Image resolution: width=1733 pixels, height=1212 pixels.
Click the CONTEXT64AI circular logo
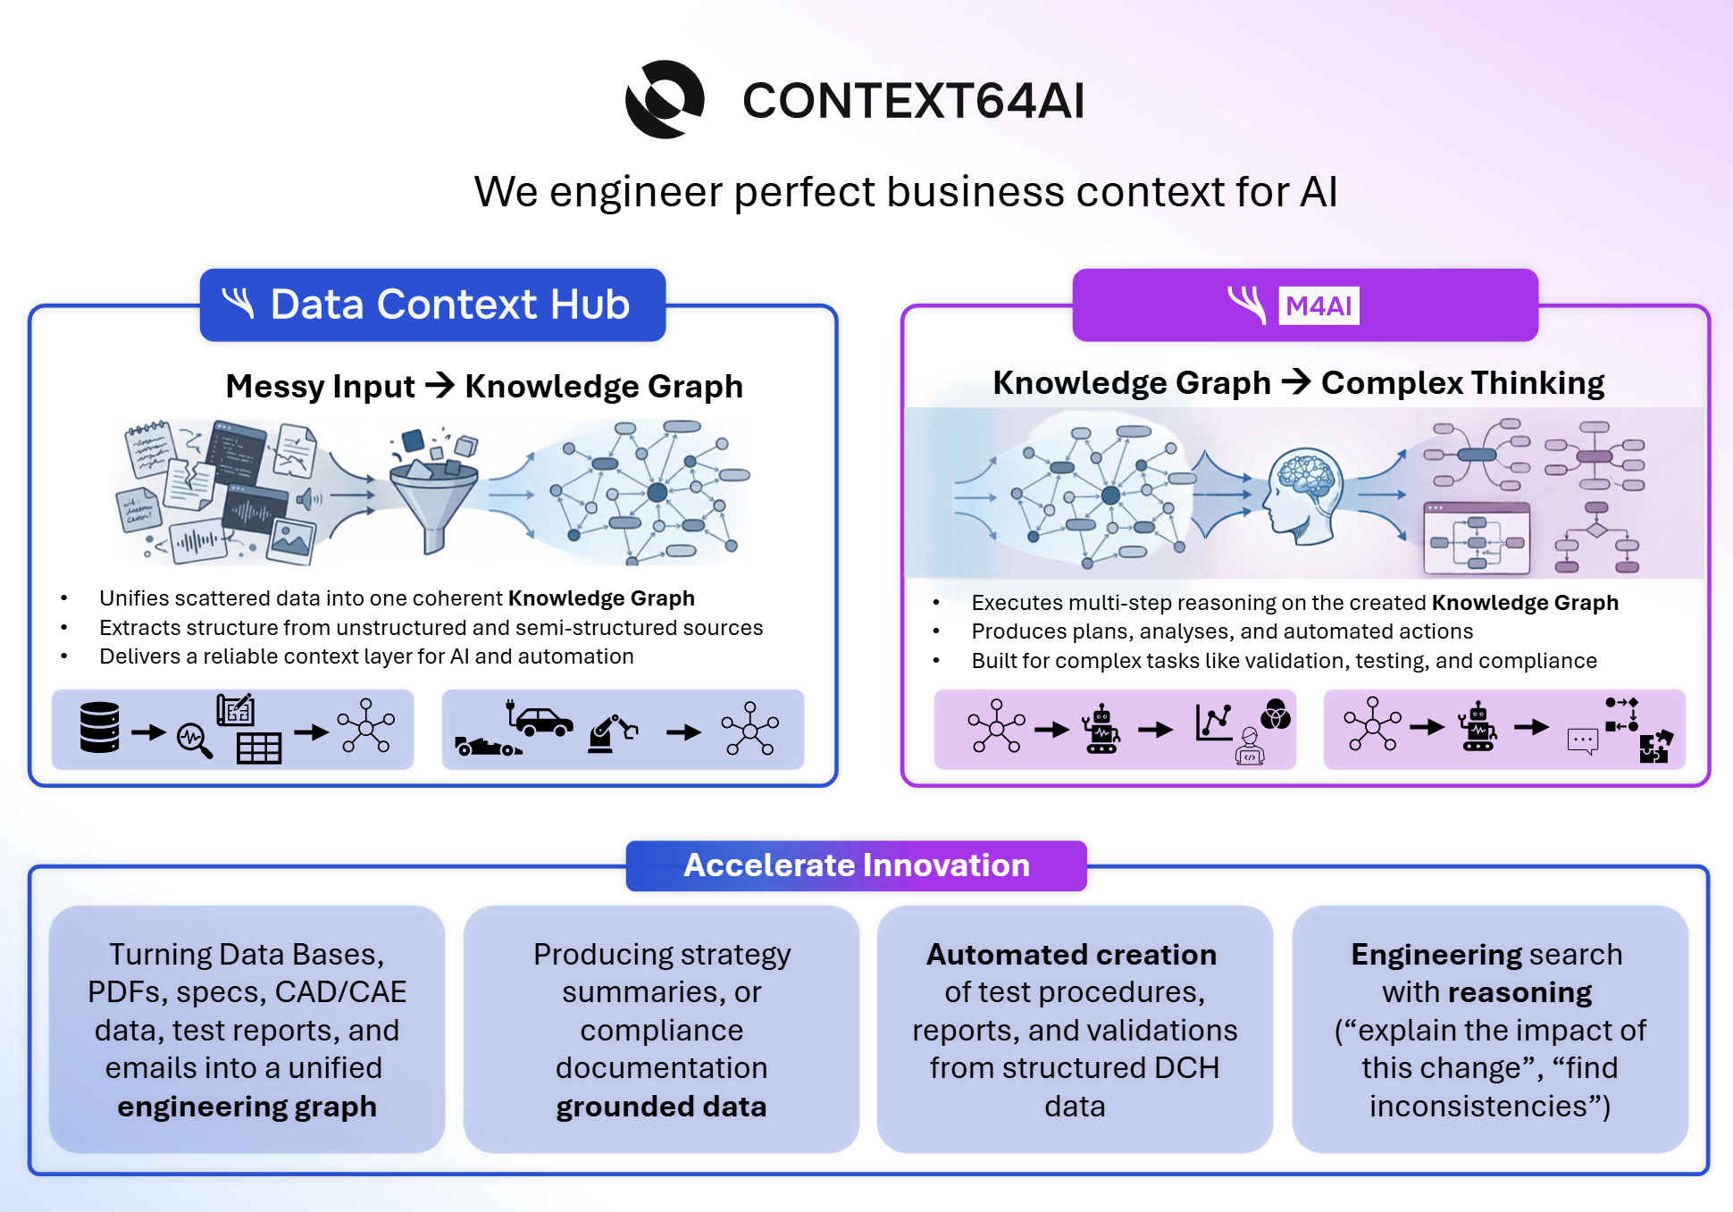(x=665, y=99)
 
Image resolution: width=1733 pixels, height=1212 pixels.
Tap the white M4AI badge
(x=1319, y=305)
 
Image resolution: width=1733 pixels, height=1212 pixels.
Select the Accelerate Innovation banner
(x=856, y=865)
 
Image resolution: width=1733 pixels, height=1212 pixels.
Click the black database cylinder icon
(x=99, y=727)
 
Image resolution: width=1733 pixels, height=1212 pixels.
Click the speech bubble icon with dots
(x=1582, y=740)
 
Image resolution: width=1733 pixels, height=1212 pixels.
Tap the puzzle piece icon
(x=1655, y=747)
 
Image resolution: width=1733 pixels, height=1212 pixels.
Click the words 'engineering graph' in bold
(x=247, y=1107)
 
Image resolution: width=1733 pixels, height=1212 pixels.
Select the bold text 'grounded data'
(x=661, y=1107)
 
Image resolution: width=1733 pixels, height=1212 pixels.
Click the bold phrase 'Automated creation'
(x=1071, y=955)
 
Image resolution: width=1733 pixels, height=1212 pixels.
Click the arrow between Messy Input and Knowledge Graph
(x=440, y=386)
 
